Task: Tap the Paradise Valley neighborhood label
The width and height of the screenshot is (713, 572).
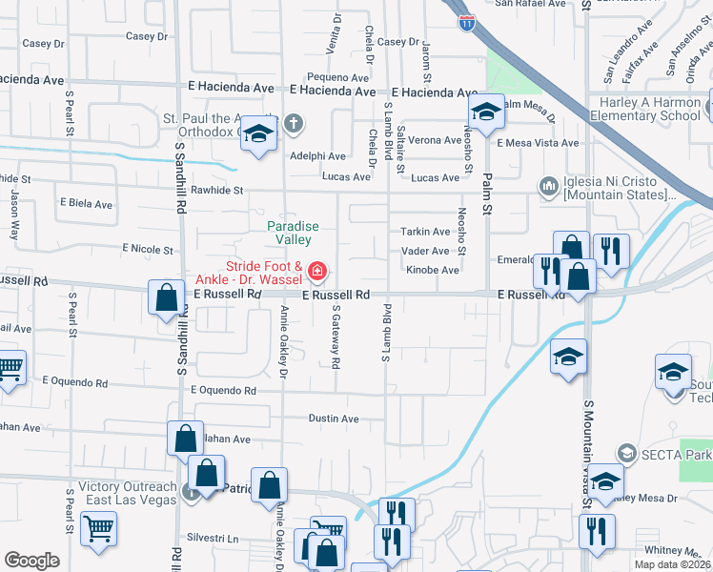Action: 292,233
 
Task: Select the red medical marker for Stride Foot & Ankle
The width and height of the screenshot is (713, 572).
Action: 316,274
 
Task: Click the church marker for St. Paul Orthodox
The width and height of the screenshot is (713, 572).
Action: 294,122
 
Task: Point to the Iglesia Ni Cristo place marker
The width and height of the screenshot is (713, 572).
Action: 548,185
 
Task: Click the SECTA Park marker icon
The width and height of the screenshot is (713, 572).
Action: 626,452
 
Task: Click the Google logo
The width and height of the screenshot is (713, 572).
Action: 31,561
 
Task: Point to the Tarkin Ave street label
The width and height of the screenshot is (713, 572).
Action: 425,232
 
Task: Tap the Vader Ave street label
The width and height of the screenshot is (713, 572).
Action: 425,251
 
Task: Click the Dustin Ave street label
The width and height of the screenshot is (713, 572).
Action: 334,419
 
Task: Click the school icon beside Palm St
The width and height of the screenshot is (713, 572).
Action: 485,113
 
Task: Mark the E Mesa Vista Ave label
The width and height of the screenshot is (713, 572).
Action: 538,143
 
